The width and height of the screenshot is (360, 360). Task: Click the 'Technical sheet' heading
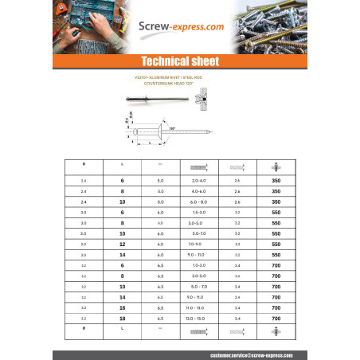[179, 61]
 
